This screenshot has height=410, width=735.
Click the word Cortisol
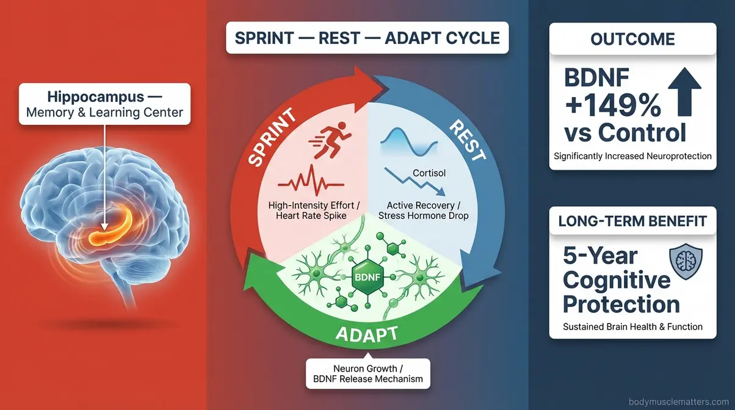(429, 173)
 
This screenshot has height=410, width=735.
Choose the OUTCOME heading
(632, 40)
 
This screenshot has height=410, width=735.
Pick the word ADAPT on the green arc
(367, 334)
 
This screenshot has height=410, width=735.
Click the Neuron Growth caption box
(367, 373)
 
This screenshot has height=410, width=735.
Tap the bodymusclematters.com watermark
(679, 402)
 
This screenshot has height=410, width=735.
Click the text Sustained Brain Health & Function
(632, 326)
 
